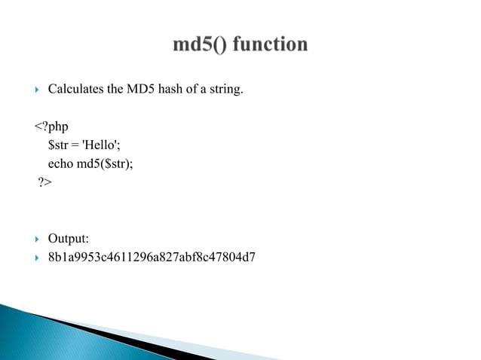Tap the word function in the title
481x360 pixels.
(269, 45)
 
